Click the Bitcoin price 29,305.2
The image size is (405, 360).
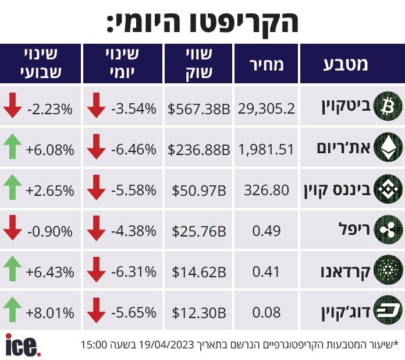(267, 108)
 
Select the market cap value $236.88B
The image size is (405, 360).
(198, 150)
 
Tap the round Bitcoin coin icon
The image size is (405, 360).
(388, 106)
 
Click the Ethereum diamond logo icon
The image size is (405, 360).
(388, 147)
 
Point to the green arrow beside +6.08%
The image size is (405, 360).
(12, 146)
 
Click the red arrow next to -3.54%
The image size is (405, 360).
(96, 105)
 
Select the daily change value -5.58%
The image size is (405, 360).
(134, 190)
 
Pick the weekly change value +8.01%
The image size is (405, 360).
(50, 313)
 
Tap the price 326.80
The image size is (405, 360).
(267, 190)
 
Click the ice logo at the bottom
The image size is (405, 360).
(23, 345)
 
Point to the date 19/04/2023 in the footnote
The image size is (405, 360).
(166, 345)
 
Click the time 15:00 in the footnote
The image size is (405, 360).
(94, 345)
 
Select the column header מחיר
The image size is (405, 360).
(267, 65)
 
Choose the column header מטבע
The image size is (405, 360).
(345, 64)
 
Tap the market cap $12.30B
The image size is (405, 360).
(199, 312)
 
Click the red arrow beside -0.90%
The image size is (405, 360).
(12, 228)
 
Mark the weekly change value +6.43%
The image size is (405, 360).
(50, 272)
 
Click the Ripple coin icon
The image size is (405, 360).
(388, 230)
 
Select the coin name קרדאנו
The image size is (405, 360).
(345, 272)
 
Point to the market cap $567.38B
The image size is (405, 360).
(198, 108)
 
